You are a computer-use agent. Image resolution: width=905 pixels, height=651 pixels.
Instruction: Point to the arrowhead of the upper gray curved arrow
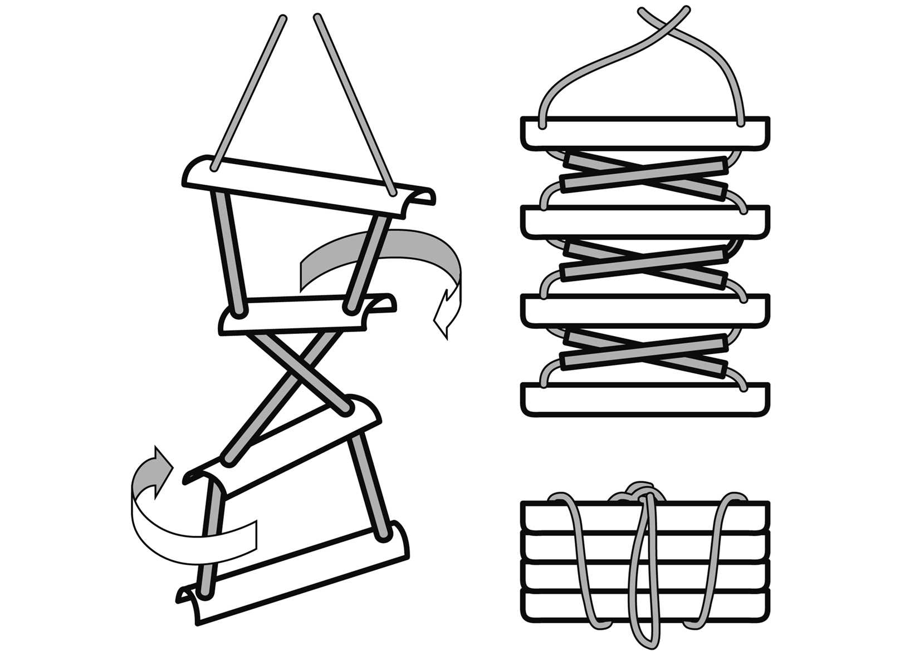(446, 312)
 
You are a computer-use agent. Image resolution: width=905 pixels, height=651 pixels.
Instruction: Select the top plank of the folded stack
(646, 132)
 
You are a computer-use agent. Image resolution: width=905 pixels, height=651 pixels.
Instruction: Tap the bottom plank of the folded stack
(646, 399)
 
